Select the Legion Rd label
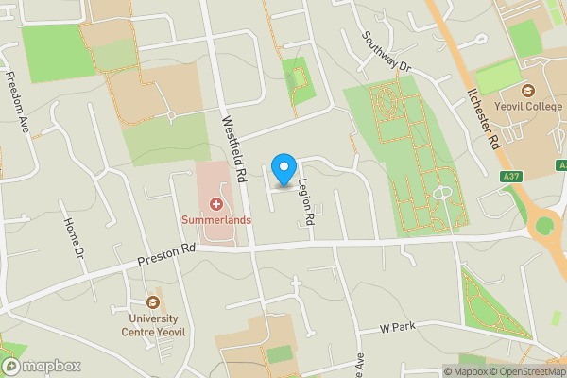[x=305, y=202]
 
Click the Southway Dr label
[x=388, y=52]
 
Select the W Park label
[x=398, y=328]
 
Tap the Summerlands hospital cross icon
[x=216, y=203]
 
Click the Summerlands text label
[x=216, y=220]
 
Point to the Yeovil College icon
[x=527, y=91]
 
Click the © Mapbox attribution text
[x=466, y=371]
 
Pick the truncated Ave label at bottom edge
[x=360, y=364]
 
